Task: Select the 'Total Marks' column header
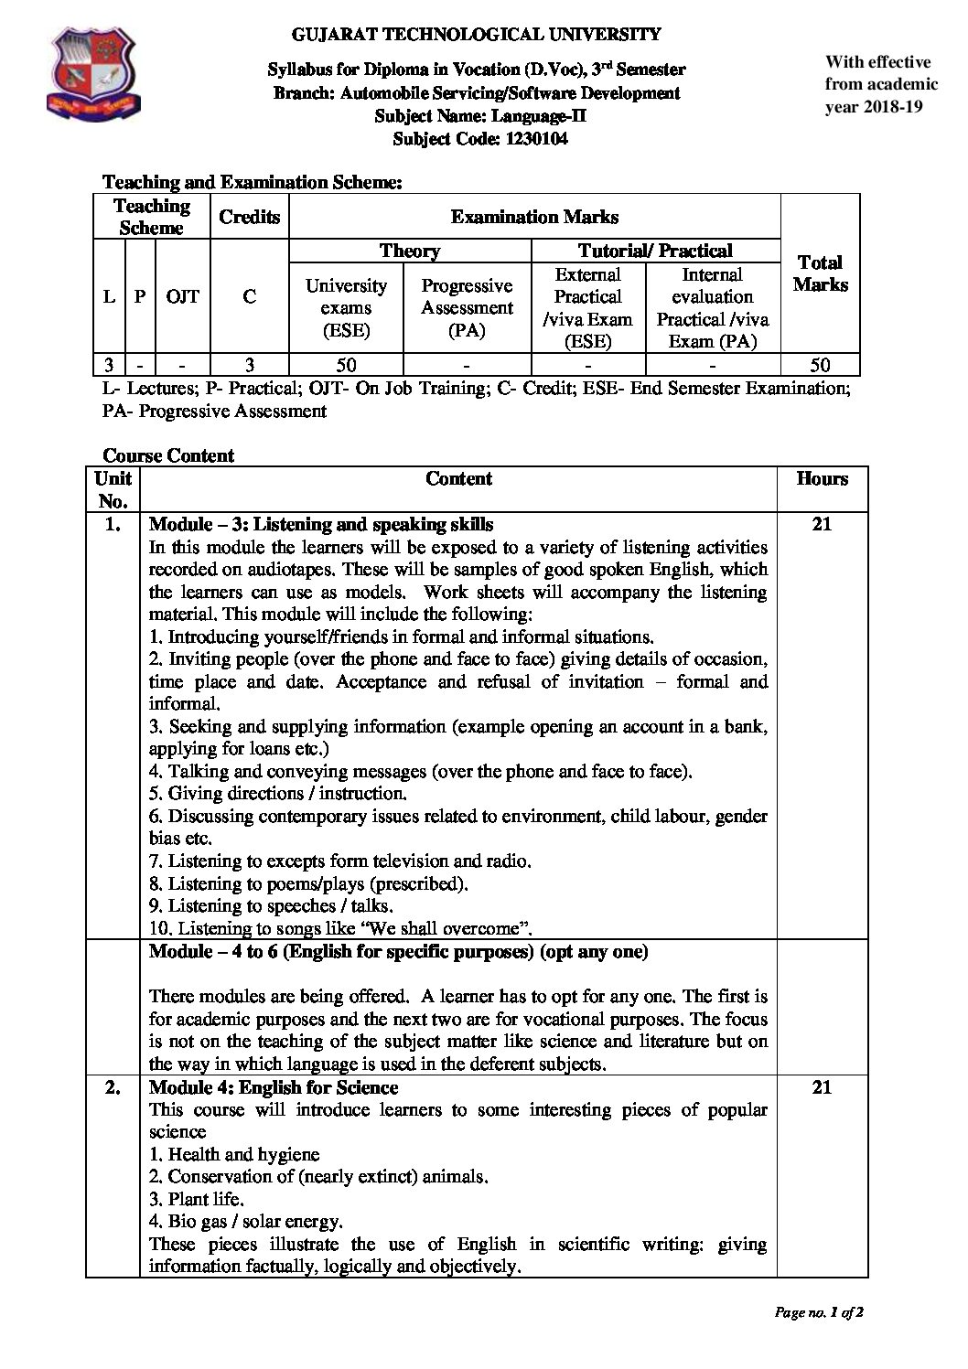pyautogui.click(x=820, y=273)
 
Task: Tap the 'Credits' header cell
pyautogui.click(x=249, y=217)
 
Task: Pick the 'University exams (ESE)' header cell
pyautogui.click(x=346, y=307)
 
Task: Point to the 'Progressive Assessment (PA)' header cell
pyautogui.click(x=467, y=307)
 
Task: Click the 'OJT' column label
pyautogui.click(x=183, y=296)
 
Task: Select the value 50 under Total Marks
pyautogui.click(x=820, y=365)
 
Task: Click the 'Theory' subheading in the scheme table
pyautogui.click(x=409, y=251)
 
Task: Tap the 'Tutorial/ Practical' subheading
pyautogui.click(x=655, y=251)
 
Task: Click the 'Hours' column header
pyautogui.click(x=822, y=478)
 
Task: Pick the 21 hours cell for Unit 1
pyautogui.click(x=822, y=524)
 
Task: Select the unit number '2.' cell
pyautogui.click(x=113, y=1087)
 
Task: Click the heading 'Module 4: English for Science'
pyautogui.click(x=274, y=1087)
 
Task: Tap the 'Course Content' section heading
pyautogui.click(x=168, y=455)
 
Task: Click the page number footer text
pyautogui.click(x=819, y=1312)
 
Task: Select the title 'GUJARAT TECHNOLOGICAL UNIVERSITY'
pyautogui.click(x=476, y=35)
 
